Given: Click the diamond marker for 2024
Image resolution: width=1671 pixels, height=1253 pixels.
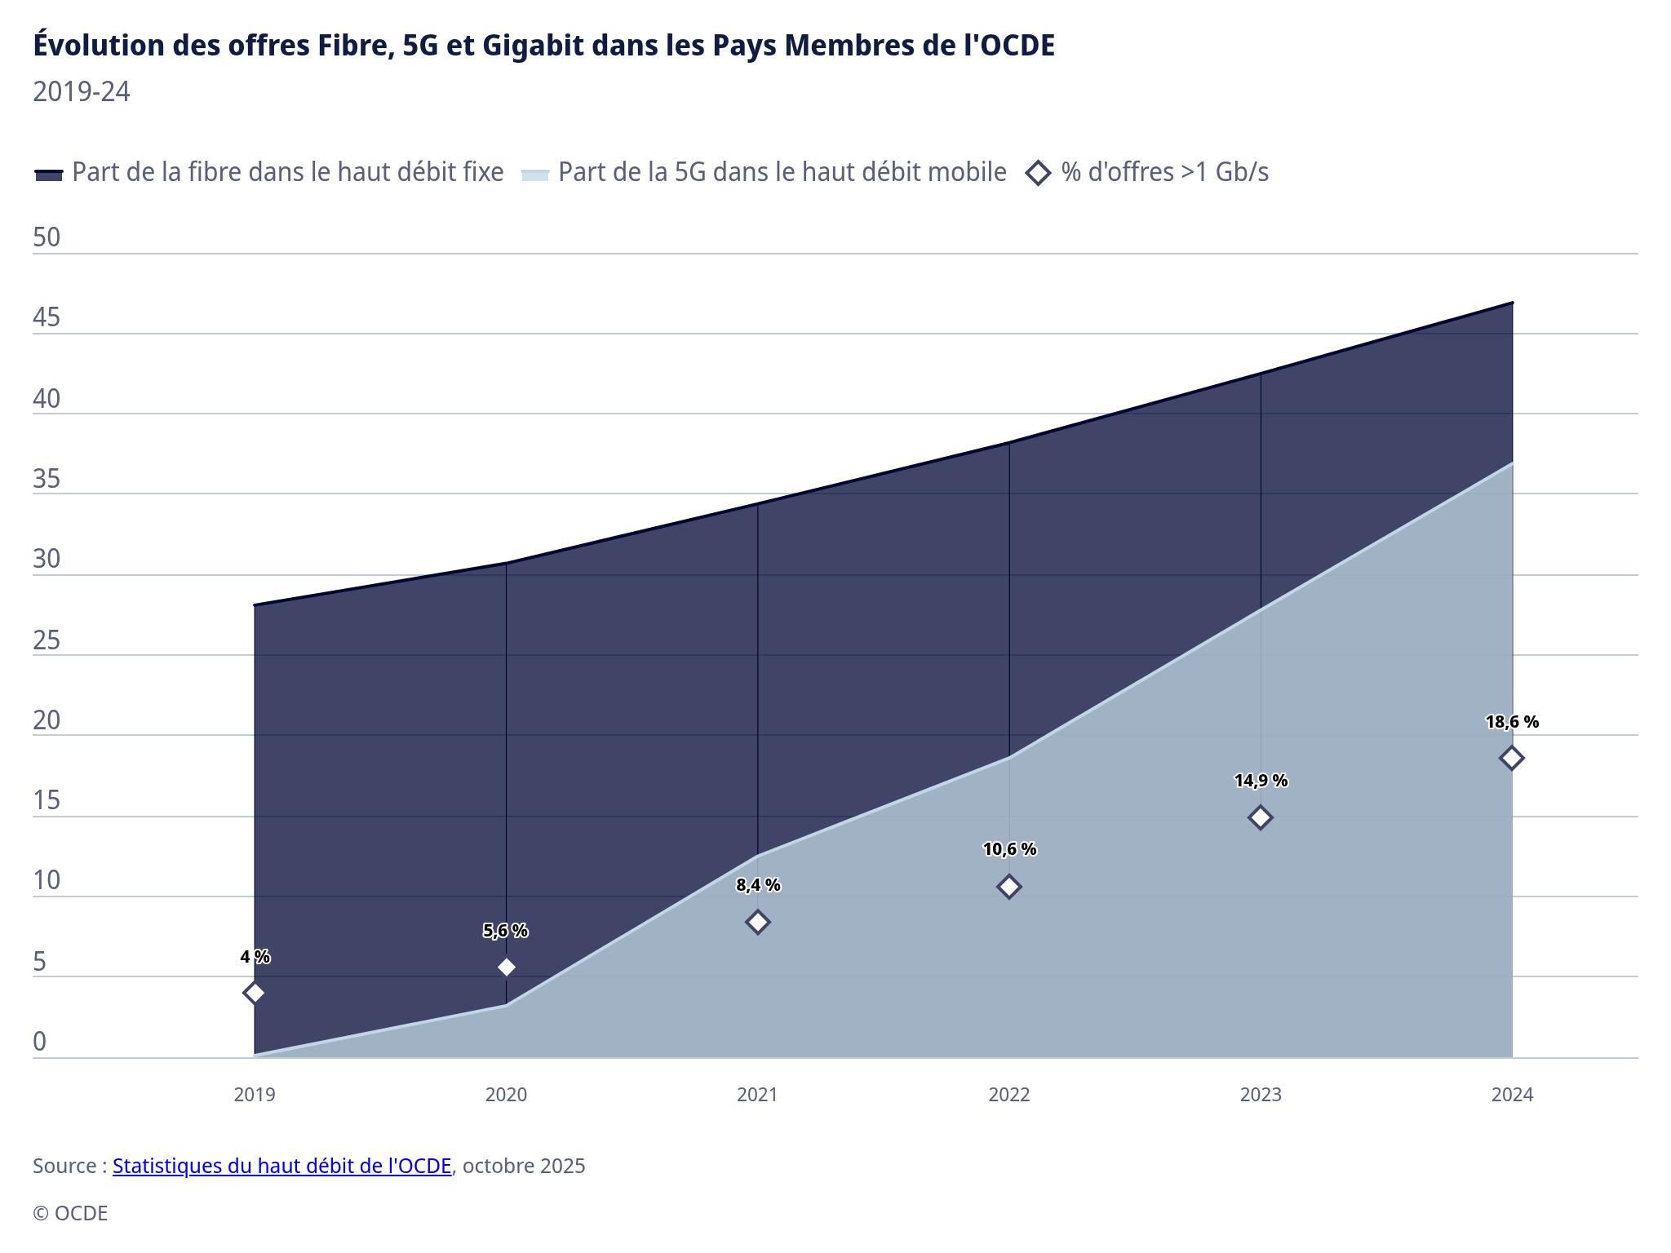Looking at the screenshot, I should click(x=1511, y=758).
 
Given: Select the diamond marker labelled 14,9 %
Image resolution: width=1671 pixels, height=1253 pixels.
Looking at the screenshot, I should click(x=1261, y=817).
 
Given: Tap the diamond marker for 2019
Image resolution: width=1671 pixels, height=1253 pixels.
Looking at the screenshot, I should click(x=255, y=993).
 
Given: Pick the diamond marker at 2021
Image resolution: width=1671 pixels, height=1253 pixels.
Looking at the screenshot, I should click(x=758, y=922).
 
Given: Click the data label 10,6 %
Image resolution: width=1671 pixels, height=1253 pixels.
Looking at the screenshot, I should click(x=1009, y=849).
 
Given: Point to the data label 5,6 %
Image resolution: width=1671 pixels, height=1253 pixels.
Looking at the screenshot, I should click(x=506, y=931).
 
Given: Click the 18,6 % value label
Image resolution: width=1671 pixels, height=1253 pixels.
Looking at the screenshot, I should click(x=1512, y=722).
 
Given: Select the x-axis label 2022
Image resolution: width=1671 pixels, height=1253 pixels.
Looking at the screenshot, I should click(x=1009, y=1095).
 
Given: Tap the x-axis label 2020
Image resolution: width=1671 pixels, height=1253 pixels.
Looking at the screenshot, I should click(x=506, y=1095).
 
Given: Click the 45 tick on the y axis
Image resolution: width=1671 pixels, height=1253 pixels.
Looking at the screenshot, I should click(x=47, y=317).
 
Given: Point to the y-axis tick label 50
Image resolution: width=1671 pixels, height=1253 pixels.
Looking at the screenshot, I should click(x=47, y=237).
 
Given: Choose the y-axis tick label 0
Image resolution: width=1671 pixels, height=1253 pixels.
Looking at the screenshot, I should click(x=39, y=1042).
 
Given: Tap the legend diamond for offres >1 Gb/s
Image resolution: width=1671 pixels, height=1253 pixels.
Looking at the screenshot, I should click(x=1038, y=173).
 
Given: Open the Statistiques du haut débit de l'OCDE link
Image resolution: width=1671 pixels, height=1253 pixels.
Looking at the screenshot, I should click(x=281, y=1166).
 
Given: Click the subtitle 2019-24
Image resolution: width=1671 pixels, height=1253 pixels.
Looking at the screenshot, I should click(x=82, y=91).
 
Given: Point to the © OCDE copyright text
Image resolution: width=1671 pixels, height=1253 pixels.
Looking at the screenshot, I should click(x=70, y=1213).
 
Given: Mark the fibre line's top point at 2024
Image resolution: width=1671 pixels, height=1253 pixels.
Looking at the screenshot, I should click(x=1512, y=303).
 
